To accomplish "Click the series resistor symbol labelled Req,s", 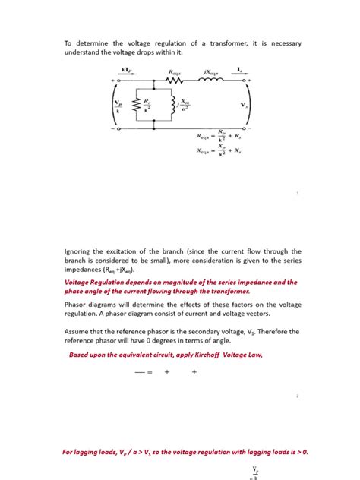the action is click(x=175, y=80).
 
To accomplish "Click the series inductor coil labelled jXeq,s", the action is click(x=211, y=80).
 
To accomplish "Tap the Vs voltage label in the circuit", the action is click(x=243, y=104).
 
